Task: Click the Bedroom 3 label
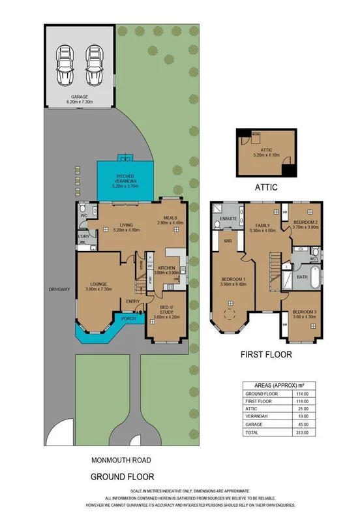click(303, 311)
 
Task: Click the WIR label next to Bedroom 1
click(228, 241)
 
